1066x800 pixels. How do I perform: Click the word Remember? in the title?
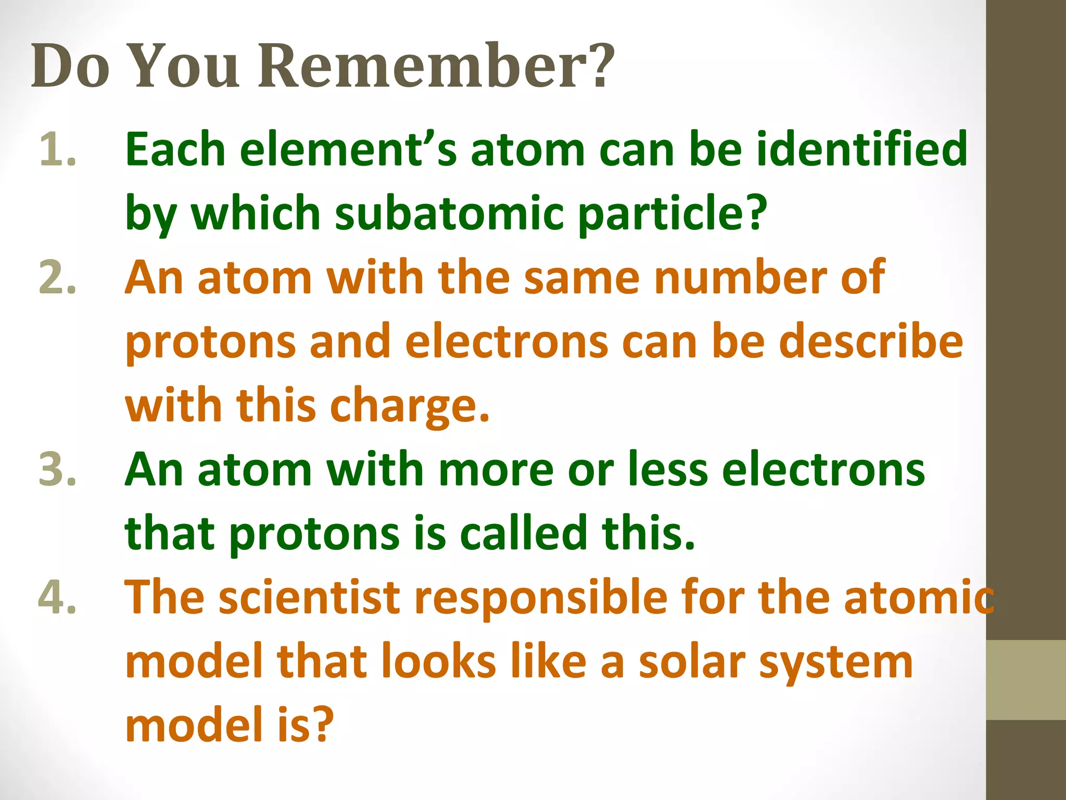437,67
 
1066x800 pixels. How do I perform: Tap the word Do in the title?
70,67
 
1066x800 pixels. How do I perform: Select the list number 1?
57,150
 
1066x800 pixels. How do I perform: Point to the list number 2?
57,278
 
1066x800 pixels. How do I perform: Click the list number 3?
57,470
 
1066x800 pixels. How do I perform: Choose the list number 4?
57,597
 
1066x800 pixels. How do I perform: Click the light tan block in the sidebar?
1026,680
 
